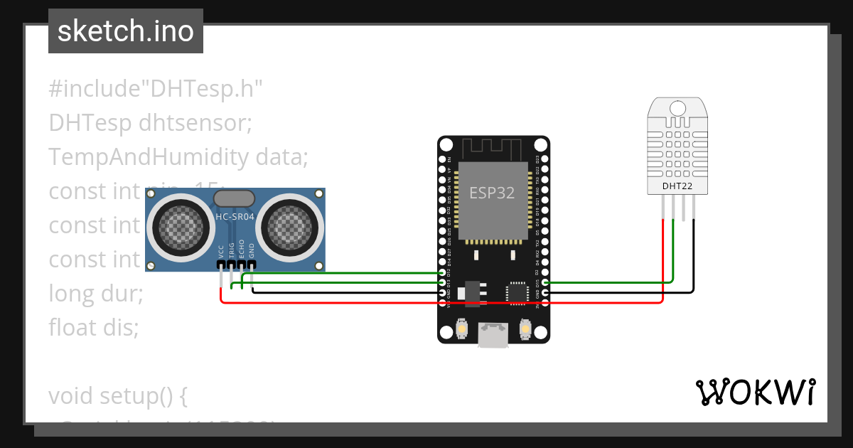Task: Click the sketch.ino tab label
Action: pyautogui.click(x=125, y=31)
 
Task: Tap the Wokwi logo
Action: pyautogui.click(x=755, y=392)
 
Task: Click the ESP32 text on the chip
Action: pyautogui.click(x=492, y=193)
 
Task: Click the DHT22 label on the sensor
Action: pyautogui.click(x=677, y=186)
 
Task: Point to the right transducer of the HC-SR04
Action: pyautogui.click(x=289, y=228)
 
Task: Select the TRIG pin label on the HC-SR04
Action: pyautogui.click(x=232, y=250)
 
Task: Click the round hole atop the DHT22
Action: pyautogui.click(x=677, y=108)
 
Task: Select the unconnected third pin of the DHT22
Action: pyautogui.click(x=684, y=208)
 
